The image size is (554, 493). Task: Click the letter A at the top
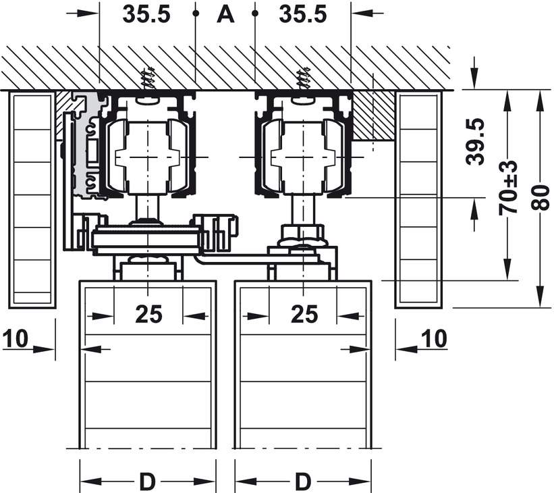click(x=225, y=14)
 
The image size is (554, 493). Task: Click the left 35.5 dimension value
click(x=146, y=14)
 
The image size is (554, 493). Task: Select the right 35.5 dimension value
click(x=303, y=14)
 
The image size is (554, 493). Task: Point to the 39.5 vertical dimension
click(x=475, y=141)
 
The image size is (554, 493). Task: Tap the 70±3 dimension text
click(x=508, y=188)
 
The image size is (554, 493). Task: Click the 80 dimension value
click(x=541, y=198)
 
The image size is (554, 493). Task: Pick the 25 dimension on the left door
click(x=148, y=314)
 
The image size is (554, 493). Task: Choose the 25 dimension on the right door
click(x=304, y=314)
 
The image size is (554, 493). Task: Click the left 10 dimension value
click(x=16, y=338)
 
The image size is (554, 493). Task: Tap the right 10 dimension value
click(x=435, y=338)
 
